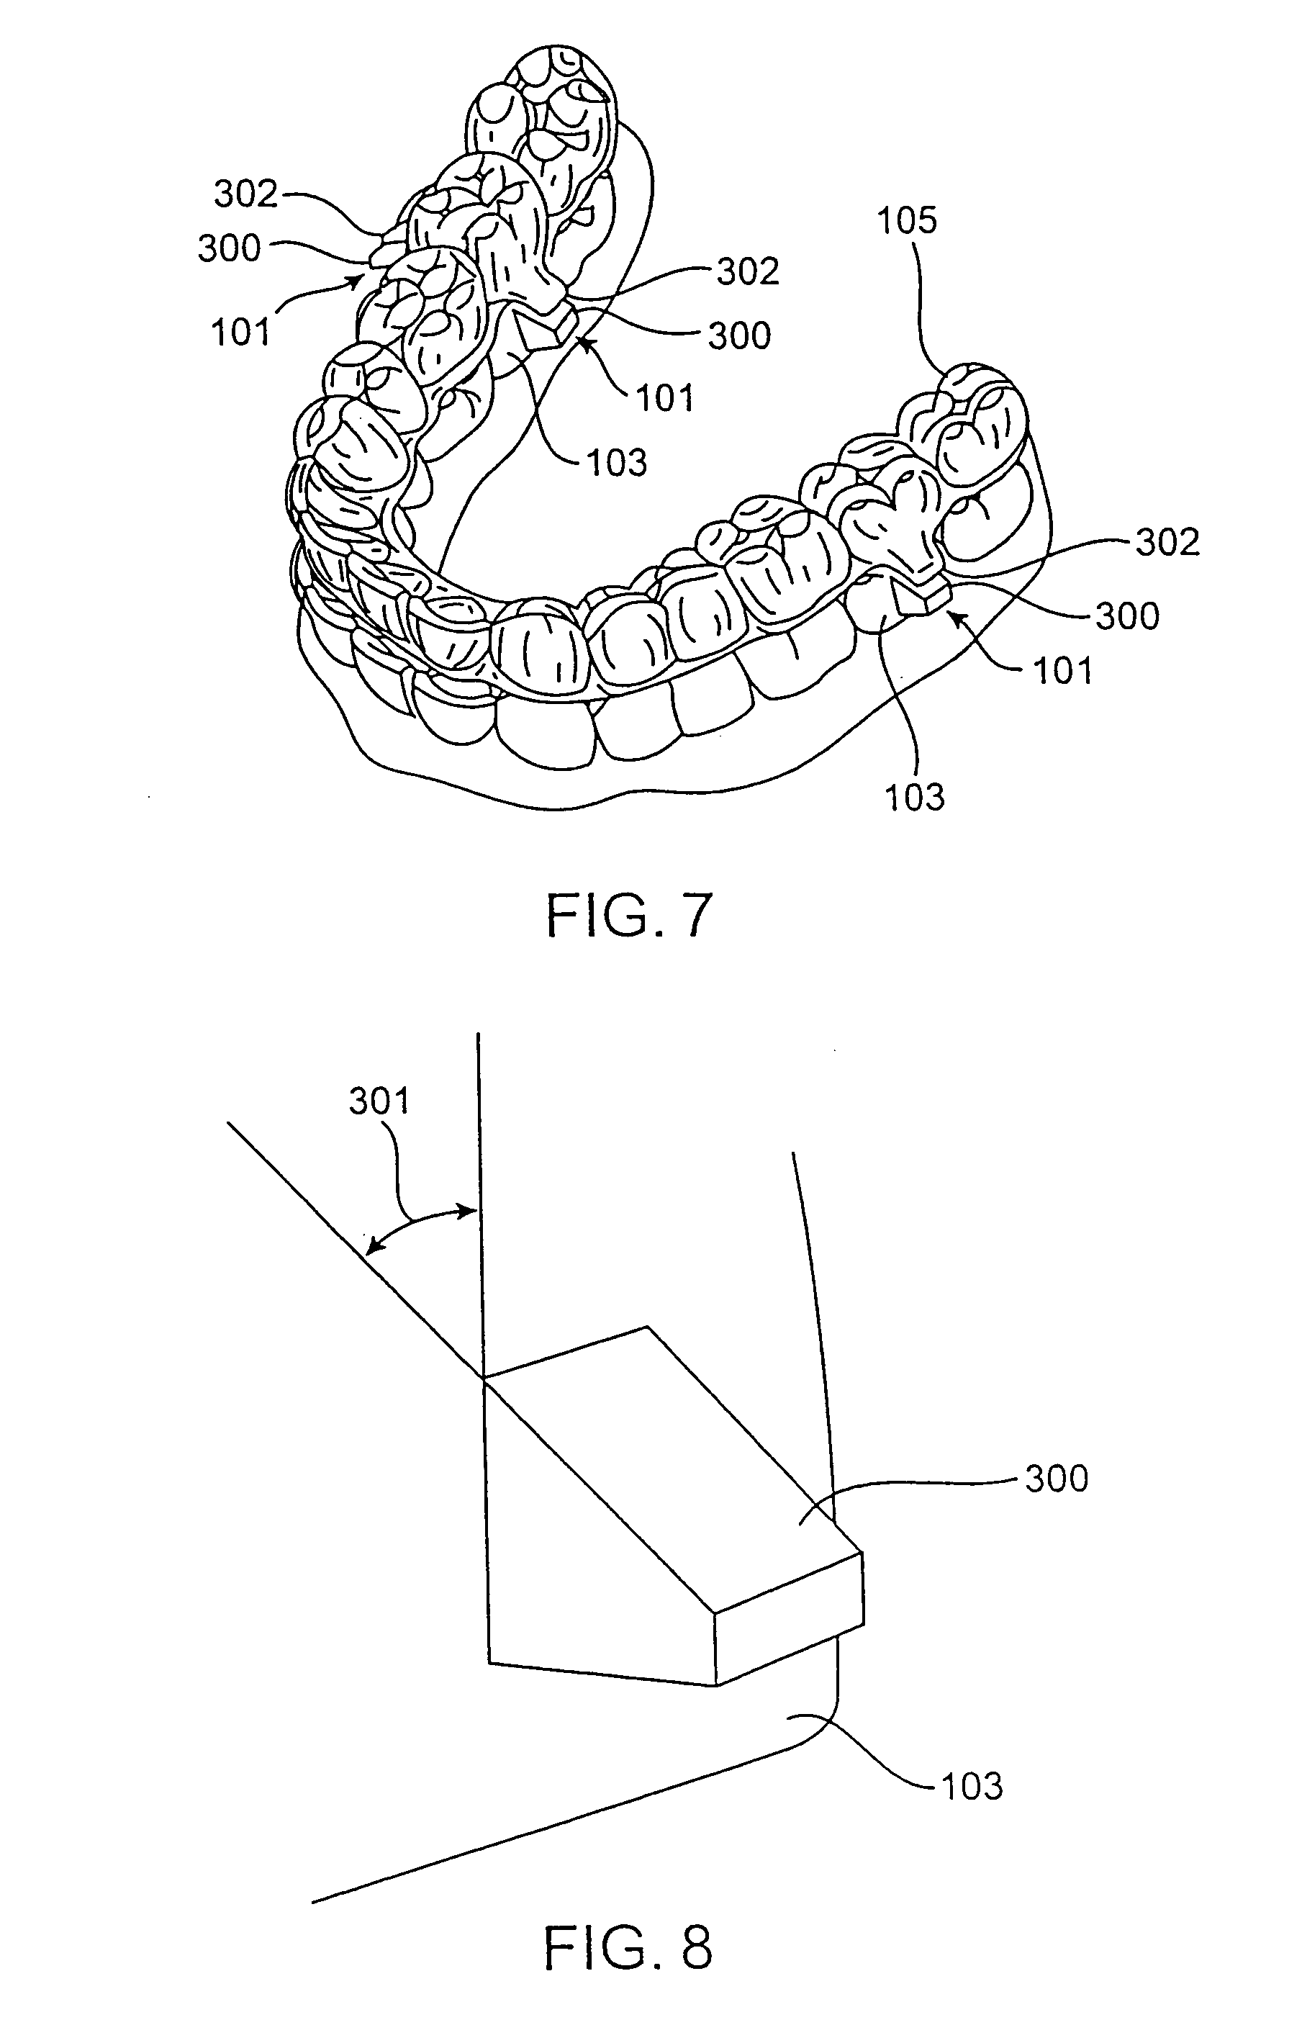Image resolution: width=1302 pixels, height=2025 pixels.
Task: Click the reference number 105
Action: [x=907, y=222]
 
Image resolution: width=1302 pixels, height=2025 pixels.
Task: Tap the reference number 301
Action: [x=379, y=1101]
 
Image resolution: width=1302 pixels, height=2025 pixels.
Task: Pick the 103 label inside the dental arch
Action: [x=618, y=462]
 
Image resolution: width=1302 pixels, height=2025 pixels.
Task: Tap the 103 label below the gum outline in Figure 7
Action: [x=914, y=796]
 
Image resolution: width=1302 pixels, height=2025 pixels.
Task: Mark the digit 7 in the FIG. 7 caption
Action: [x=692, y=916]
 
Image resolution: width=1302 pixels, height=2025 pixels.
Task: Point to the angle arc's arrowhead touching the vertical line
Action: [x=469, y=1211]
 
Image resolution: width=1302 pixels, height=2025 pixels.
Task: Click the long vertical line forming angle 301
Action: [x=480, y=1183]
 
